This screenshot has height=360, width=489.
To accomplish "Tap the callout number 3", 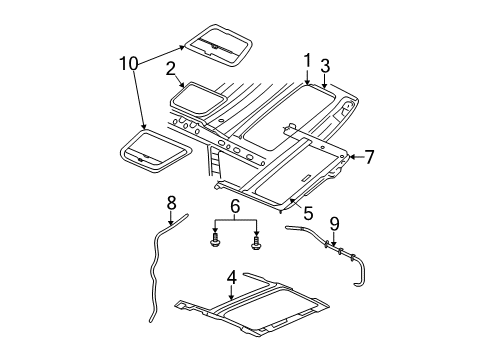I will coord(326,66).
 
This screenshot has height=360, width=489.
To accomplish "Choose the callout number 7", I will coord(368,157).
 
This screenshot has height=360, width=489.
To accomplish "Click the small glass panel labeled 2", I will coord(195,96).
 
